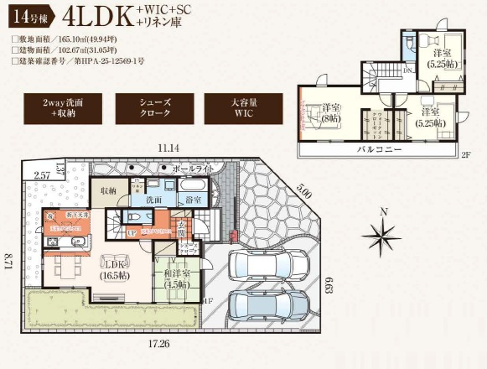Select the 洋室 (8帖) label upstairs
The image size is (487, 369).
[x=331, y=112]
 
